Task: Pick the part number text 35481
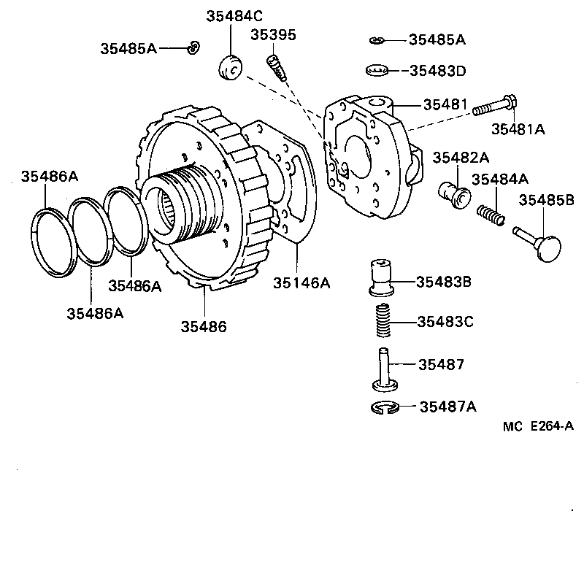(445, 105)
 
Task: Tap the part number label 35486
(204, 326)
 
